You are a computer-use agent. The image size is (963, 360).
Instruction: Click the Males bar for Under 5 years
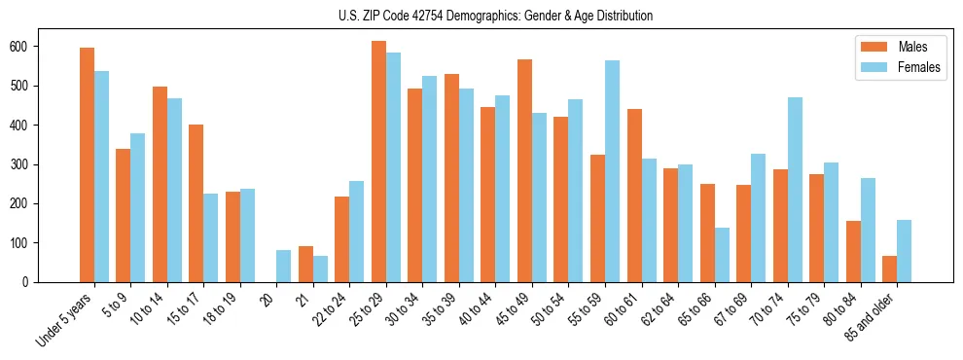click(87, 164)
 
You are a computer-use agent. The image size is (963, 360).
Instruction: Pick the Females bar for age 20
click(284, 266)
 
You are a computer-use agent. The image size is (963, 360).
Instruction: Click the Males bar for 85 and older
click(889, 269)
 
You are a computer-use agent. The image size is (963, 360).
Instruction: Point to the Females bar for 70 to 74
click(795, 190)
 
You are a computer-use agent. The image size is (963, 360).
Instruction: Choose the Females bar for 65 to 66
click(722, 255)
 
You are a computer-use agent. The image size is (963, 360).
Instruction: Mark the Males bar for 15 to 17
click(196, 203)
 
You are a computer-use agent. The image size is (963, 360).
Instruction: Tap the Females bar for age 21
click(320, 269)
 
